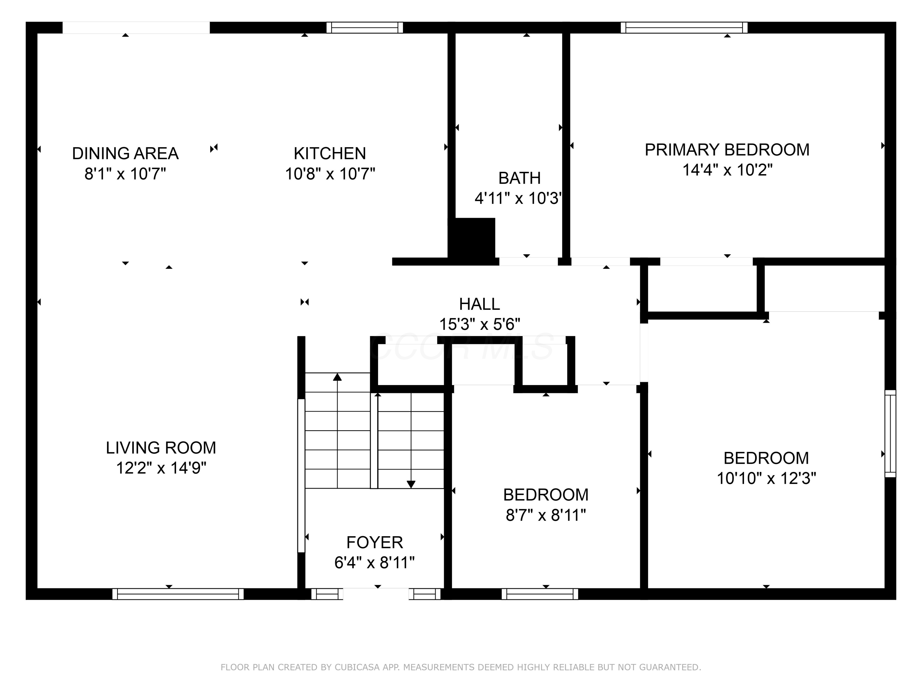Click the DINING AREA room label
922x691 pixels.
coord(125,154)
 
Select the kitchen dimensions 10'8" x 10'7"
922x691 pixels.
coord(330,174)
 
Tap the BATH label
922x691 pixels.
coord(519,178)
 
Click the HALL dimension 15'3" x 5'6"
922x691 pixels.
coord(479,324)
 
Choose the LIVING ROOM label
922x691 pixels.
coord(161,448)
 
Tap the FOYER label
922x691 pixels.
coord(374,543)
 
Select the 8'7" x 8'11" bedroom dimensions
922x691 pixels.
coord(546,516)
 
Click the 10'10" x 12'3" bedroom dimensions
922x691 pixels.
coord(766,478)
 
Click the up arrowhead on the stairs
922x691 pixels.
coord(337,377)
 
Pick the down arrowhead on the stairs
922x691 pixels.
coord(411,484)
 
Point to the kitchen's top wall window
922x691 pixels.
coord(364,28)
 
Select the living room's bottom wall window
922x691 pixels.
coord(178,594)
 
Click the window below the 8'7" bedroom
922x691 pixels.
coord(540,594)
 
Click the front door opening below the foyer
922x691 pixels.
coord(376,594)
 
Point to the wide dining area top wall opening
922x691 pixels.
coord(136,28)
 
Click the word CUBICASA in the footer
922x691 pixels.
coord(357,667)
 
